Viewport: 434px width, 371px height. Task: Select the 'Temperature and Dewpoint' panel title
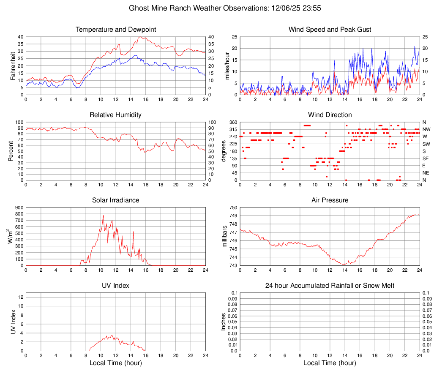pos(116,30)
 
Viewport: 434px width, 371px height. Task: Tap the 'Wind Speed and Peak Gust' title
pos(330,30)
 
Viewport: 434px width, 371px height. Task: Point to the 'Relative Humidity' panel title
pos(116,115)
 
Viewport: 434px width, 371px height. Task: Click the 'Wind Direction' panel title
pos(330,115)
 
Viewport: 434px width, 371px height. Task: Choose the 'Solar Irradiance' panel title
pos(116,200)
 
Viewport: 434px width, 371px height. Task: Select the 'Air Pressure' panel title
pos(330,200)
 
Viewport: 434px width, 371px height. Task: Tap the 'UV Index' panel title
pos(116,286)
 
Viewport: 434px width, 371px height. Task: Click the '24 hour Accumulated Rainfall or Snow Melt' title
pos(330,286)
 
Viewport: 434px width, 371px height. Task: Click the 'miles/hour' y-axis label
pos(227,65)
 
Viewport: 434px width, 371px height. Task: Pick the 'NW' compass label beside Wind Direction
pos(426,129)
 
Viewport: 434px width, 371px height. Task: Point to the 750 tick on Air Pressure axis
pos(233,207)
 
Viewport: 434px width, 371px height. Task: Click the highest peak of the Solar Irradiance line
pos(103,216)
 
